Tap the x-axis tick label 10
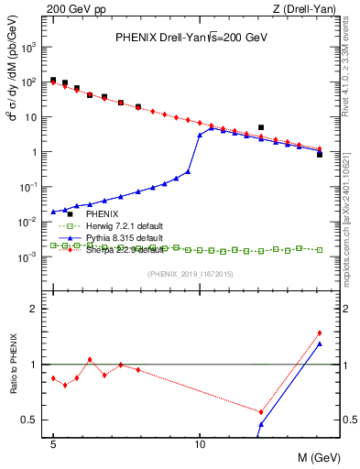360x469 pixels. coord(200,442)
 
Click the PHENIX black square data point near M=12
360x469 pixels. coord(261,127)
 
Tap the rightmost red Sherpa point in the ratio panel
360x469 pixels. coord(320,333)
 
